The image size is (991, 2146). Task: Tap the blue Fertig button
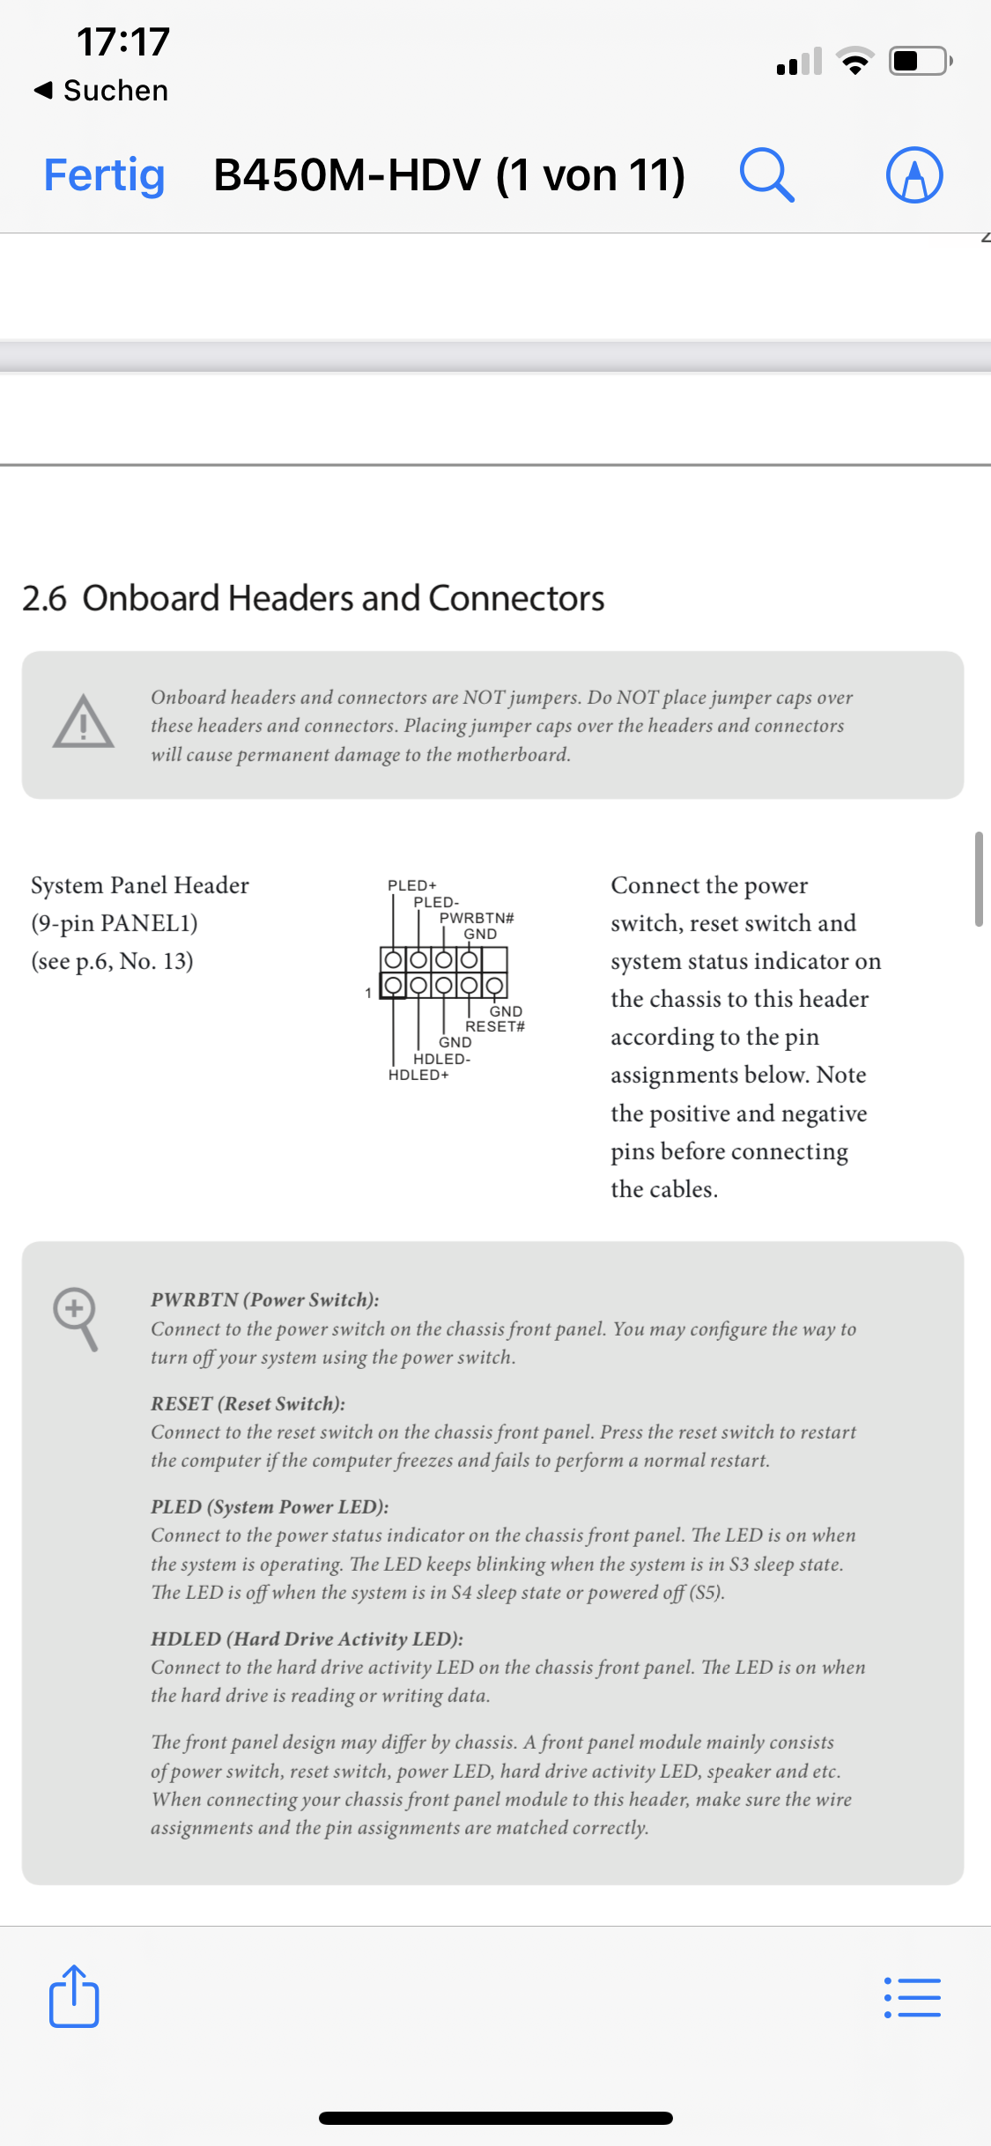tap(104, 174)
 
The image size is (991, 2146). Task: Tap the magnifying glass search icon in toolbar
tap(766, 174)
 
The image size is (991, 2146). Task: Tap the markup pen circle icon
tap(914, 174)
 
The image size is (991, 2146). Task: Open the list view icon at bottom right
tap(913, 1998)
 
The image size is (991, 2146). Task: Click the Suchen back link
tap(101, 90)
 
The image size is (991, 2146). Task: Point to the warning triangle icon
tap(83, 722)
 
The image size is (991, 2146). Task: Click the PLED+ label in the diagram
tap(412, 884)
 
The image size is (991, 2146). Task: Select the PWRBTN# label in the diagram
tap(477, 918)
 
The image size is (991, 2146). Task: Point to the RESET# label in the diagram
tap(495, 1026)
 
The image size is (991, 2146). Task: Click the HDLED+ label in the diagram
tap(418, 1075)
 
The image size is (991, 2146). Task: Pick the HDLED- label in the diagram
tap(441, 1059)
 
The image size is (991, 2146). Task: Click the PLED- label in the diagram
tap(436, 902)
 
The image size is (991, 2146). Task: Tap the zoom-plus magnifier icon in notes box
tap(76, 1318)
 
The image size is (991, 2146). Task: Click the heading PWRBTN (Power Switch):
tap(264, 1299)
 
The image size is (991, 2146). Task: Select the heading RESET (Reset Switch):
tap(248, 1403)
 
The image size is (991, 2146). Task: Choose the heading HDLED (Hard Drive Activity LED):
tap(307, 1639)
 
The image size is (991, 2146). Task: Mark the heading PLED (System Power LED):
tap(270, 1506)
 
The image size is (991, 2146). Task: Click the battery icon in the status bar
tap(920, 62)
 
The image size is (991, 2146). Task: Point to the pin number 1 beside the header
tap(368, 993)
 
